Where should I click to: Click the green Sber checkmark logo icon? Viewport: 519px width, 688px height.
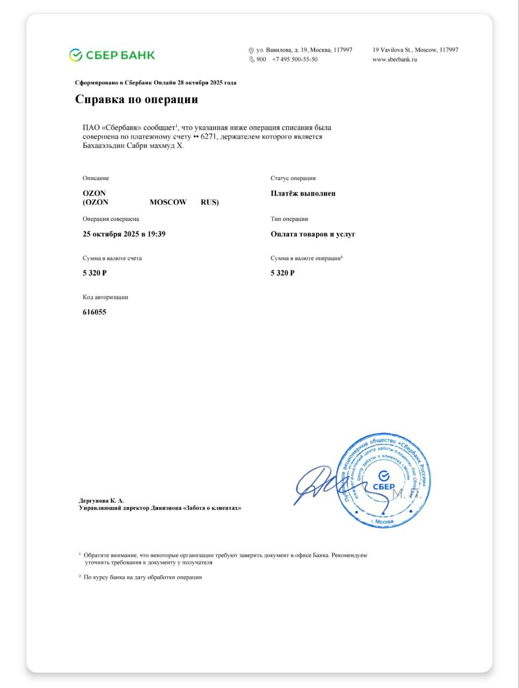(x=75, y=55)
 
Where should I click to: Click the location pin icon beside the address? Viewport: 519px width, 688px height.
(x=251, y=51)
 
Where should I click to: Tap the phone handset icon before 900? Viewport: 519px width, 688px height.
(x=251, y=60)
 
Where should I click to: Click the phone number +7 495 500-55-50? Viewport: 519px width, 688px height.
(x=295, y=60)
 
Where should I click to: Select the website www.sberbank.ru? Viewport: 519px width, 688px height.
(x=395, y=60)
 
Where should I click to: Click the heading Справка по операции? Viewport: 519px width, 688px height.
(x=137, y=99)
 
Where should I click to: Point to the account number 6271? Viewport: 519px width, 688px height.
(x=209, y=137)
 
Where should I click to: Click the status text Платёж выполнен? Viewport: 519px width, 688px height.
(x=303, y=193)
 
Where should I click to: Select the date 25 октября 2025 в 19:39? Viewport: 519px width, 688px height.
(x=124, y=234)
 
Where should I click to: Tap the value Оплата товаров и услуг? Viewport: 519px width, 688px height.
(x=313, y=234)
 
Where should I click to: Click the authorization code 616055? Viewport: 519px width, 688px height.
(x=95, y=312)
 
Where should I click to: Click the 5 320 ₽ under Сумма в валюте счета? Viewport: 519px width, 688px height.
(x=95, y=273)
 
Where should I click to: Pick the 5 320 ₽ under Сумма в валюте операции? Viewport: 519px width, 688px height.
(x=282, y=273)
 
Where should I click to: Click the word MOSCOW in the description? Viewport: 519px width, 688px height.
(x=168, y=203)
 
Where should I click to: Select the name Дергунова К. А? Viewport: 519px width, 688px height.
(x=101, y=500)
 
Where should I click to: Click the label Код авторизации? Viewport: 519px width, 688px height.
(x=105, y=297)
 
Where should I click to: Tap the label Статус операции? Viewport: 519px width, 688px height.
(x=293, y=178)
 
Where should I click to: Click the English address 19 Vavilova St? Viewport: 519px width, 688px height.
(x=415, y=50)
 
